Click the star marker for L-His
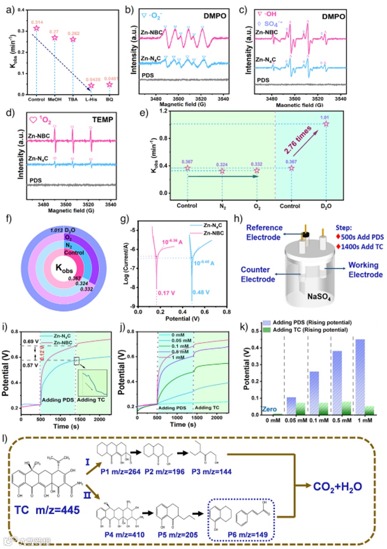click(x=91, y=85)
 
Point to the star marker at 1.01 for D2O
click(x=326, y=124)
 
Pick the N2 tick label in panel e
click(x=222, y=206)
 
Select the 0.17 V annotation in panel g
click(x=163, y=292)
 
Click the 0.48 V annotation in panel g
click(x=200, y=292)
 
